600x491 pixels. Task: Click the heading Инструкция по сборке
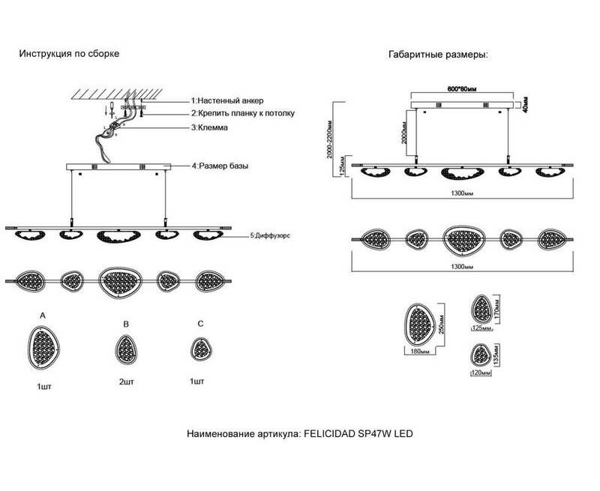point(69,55)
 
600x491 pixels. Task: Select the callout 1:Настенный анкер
point(227,100)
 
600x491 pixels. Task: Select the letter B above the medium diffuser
point(126,325)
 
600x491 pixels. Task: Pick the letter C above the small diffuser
point(199,324)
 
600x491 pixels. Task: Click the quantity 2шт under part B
point(126,381)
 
